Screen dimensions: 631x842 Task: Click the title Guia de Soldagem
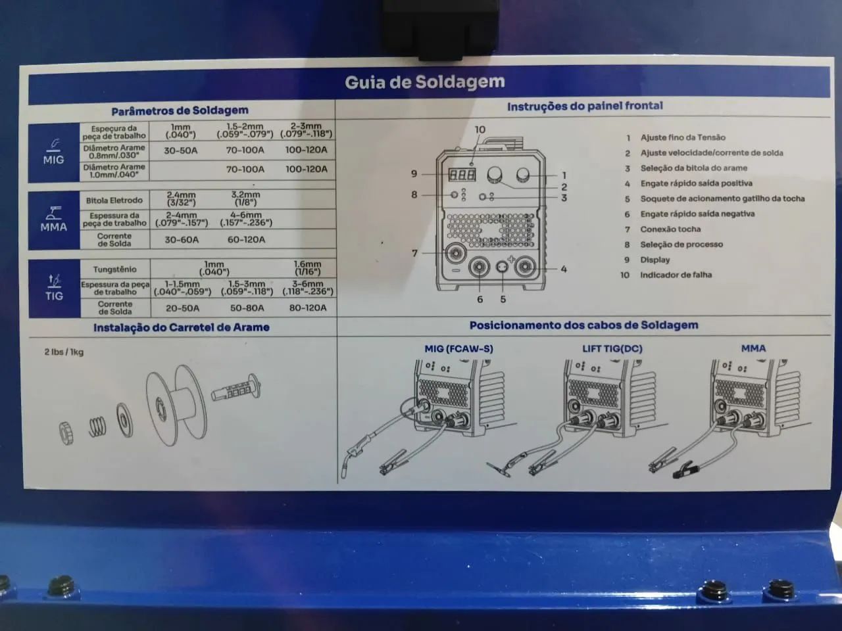424,83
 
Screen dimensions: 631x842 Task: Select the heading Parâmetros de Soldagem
180,110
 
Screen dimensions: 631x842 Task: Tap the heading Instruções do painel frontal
584,106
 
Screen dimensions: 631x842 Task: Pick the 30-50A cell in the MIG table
180,151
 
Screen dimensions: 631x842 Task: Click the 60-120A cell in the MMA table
246,240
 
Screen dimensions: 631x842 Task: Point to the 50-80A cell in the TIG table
247,308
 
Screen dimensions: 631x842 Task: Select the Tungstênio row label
114,269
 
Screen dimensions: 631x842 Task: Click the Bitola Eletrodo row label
114,200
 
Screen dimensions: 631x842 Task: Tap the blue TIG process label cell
54,288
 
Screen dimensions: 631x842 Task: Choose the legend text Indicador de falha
676,275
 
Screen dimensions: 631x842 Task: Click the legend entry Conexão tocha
670,229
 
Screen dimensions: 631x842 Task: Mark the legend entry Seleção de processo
681,245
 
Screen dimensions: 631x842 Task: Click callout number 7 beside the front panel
414,253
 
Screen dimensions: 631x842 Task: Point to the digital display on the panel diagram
462,175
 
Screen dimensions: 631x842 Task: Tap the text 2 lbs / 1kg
64,352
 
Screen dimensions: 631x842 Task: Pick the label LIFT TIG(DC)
612,349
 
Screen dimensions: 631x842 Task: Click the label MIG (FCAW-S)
458,349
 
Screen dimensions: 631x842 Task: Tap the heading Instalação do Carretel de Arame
181,327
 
